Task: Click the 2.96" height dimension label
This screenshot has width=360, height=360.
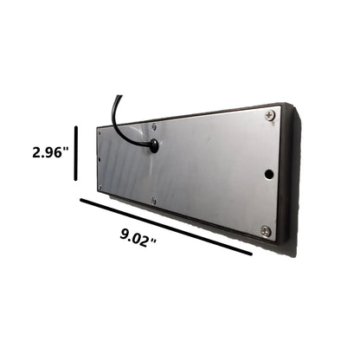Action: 51,152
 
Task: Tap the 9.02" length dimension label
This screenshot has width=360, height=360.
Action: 138,238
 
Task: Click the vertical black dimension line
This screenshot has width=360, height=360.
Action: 76,153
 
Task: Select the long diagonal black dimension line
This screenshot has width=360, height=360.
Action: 166,227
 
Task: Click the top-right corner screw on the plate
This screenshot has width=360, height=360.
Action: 269,115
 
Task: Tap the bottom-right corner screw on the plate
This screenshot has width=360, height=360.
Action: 266,231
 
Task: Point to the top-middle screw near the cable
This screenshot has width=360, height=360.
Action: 154,126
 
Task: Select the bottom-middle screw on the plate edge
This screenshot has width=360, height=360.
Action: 154,200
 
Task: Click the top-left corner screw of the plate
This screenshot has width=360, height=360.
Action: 100,133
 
